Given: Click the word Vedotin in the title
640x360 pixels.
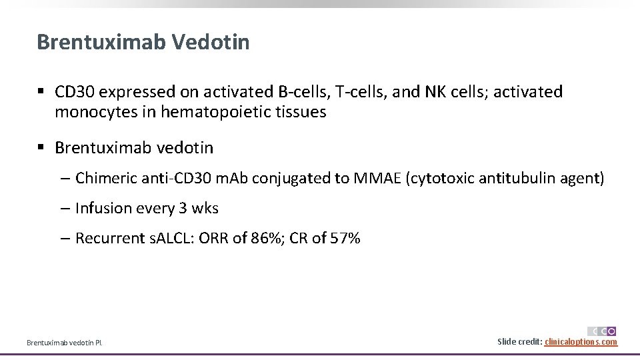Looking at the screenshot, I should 211,42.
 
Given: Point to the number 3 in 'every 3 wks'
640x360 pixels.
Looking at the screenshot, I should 183,208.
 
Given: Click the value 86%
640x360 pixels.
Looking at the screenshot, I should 272,238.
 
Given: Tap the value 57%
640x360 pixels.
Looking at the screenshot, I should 345,238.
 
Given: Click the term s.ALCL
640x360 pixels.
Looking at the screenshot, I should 169,238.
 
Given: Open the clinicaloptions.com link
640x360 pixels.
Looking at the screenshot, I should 581,342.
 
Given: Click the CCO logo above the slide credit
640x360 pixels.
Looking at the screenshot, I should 602,331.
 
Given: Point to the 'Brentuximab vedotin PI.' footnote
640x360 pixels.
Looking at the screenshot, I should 65,343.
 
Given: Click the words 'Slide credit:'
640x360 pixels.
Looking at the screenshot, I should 520,342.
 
